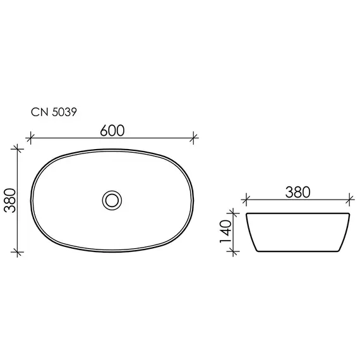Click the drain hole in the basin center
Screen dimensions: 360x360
tap(112, 200)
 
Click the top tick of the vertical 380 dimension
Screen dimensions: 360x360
tap(18, 148)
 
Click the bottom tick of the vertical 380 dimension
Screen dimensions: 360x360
tap(18, 251)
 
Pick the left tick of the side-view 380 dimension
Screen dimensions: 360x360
tap(245, 200)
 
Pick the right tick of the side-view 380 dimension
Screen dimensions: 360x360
tap(349, 200)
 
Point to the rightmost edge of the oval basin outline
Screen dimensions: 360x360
tap(195, 200)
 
